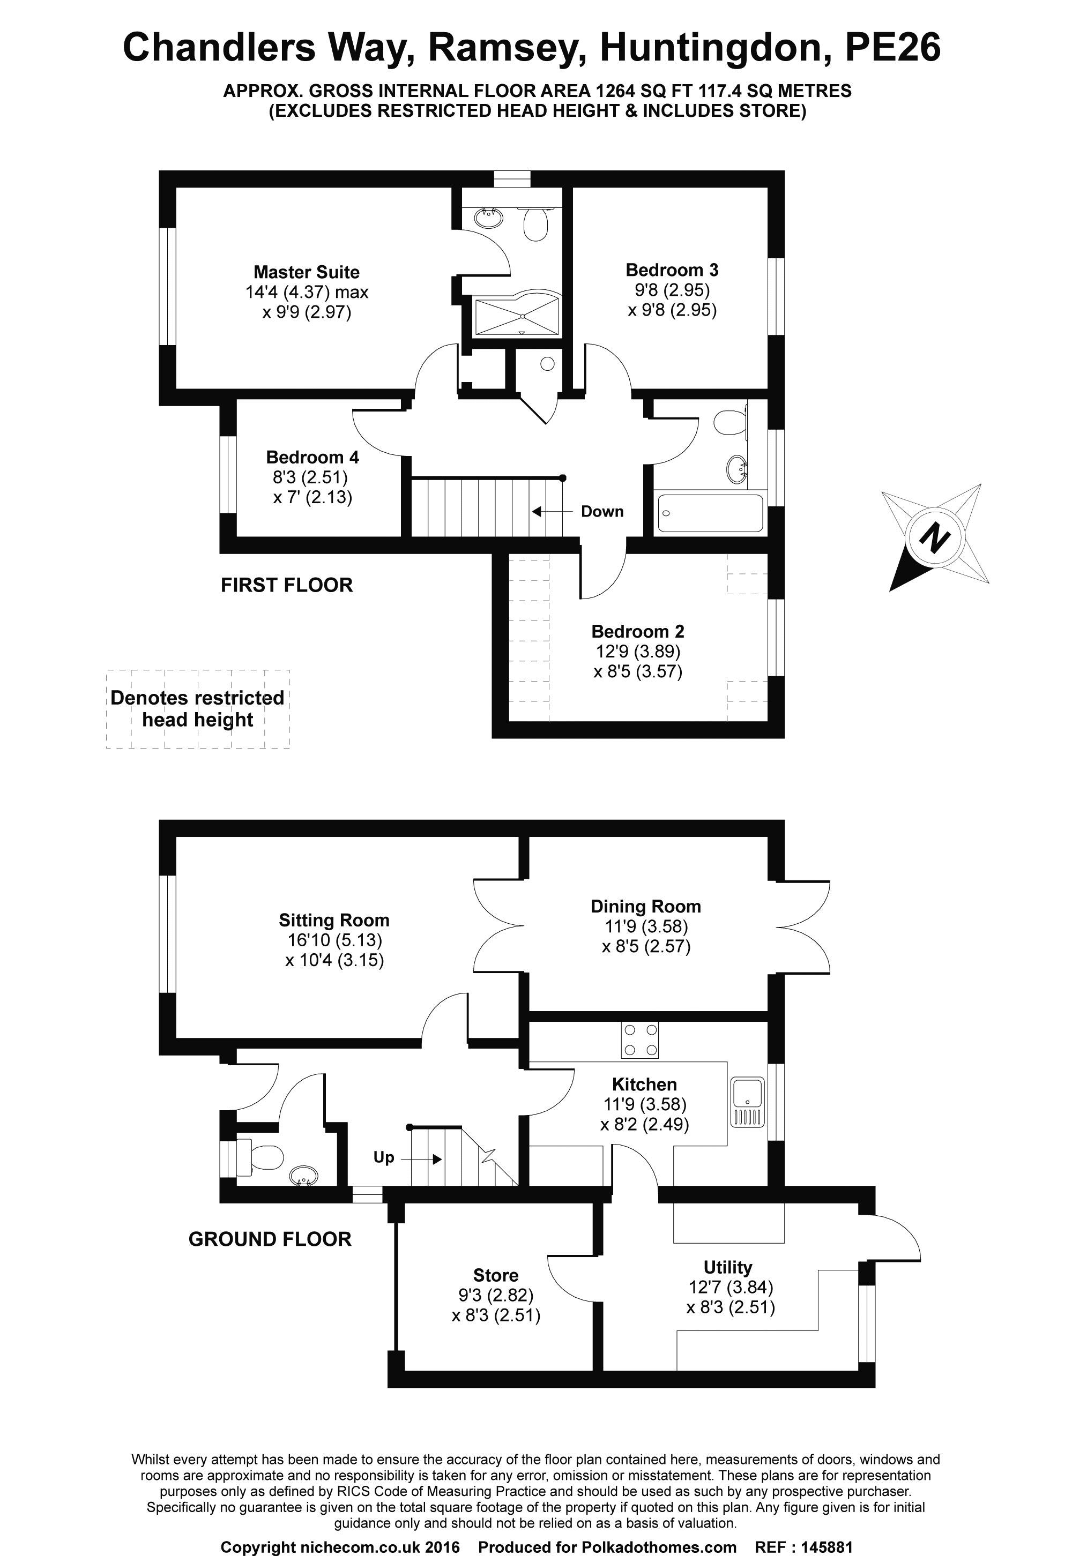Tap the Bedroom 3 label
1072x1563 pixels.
(x=672, y=271)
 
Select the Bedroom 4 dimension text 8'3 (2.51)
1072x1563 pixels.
(x=310, y=477)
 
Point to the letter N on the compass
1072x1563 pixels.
(x=935, y=537)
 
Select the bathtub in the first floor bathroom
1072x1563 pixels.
(x=710, y=514)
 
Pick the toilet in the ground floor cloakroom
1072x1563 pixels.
(x=260, y=1157)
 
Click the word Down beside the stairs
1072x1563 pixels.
(x=602, y=512)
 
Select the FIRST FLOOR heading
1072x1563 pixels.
(x=287, y=585)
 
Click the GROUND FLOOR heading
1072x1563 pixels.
(x=270, y=1239)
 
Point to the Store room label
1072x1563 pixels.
(x=495, y=1275)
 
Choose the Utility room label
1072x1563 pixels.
(x=727, y=1268)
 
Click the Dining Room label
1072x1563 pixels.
(x=645, y=907)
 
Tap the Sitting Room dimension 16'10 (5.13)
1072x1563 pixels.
(x=334, y=940)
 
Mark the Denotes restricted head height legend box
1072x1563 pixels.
(x=198, y=709)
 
